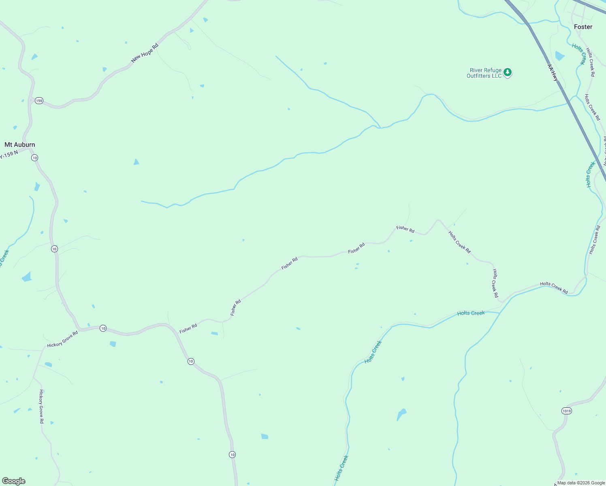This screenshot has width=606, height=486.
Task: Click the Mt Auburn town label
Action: (x=19, y=145)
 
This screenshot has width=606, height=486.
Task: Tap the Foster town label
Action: (x=583, y=27)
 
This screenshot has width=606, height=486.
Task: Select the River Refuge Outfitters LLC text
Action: (x=484, y=73)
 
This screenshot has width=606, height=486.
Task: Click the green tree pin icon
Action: (x=508, y=73)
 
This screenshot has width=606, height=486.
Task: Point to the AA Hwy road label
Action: (x=553, y=72)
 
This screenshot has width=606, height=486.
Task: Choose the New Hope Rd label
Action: (x=145, y=53)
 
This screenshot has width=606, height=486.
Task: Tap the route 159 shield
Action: (x=39, y=100)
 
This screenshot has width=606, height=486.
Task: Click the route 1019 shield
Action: (x=566, y=411)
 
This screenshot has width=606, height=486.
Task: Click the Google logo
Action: (x=13, y=481)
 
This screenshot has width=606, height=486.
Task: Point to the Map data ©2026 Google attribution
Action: (x=581, y=483)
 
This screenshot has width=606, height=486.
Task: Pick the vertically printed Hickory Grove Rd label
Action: (x=41, y=406)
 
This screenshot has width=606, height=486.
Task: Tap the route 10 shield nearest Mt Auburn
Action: (x=35, y=158)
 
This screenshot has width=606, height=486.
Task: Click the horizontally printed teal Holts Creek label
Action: (x=471, y=313)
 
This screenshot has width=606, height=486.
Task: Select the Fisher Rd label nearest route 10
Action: (x=188, y=328)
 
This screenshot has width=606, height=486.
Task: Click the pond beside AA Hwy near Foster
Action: (x=559, y=56)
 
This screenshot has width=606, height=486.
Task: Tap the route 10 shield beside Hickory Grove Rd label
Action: (x=103, y=328)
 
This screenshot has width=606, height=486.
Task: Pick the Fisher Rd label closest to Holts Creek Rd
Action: (x=405, y=229)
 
